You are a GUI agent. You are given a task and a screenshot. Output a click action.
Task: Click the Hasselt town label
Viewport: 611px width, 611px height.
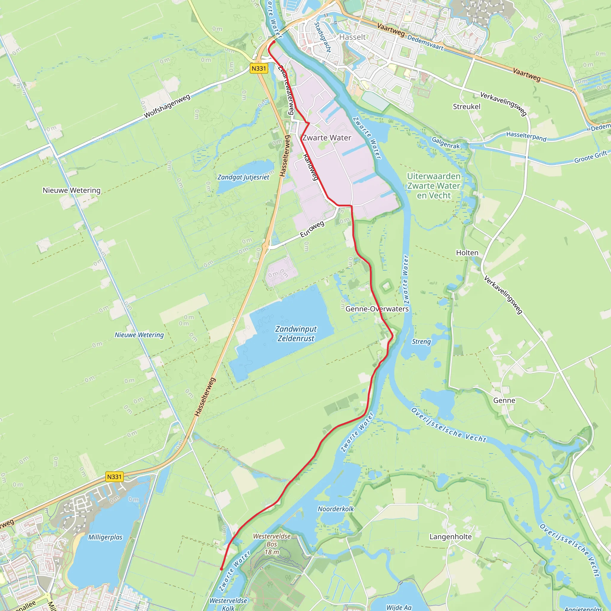(352, 37)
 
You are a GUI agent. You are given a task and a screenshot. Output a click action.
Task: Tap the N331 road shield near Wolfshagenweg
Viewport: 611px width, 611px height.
(259, 68)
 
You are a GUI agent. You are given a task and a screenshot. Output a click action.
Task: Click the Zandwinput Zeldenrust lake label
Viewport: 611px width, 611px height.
(296, 334)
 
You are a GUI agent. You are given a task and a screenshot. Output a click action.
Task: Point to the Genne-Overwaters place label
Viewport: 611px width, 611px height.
(377, 309)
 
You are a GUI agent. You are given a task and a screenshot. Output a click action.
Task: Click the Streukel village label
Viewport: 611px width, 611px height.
(467, 107)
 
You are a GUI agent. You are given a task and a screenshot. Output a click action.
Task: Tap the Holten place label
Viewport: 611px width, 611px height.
(467, 253)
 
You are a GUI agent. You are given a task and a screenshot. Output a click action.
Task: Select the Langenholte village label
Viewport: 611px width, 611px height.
(450, 537)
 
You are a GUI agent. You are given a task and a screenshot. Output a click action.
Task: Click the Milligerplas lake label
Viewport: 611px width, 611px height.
(105, 537)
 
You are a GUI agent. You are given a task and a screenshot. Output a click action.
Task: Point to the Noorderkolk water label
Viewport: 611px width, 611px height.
(336, 509)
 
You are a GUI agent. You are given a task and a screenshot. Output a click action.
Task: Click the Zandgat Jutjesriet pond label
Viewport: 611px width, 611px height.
(243, 177)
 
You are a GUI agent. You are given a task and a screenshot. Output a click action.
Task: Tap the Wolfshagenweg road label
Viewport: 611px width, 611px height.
(167, 106)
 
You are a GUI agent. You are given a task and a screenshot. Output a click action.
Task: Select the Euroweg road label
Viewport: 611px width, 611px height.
(312, 229)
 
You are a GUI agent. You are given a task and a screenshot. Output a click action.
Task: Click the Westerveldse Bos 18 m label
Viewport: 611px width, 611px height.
(272, 544)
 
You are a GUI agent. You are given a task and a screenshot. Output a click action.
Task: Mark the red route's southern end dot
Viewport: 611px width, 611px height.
(221, 569)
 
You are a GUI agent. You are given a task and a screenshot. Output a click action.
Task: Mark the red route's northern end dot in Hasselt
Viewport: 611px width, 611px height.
(274, 41)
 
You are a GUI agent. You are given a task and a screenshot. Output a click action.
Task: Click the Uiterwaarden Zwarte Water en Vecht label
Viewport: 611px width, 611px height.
(433, 186)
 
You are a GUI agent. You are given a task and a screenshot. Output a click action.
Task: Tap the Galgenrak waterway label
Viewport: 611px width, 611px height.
(446, 143)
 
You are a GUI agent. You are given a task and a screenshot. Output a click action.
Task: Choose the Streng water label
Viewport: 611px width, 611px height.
(421, 342)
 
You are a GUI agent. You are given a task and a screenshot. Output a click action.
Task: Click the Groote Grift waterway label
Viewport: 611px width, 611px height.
(590, 157)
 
